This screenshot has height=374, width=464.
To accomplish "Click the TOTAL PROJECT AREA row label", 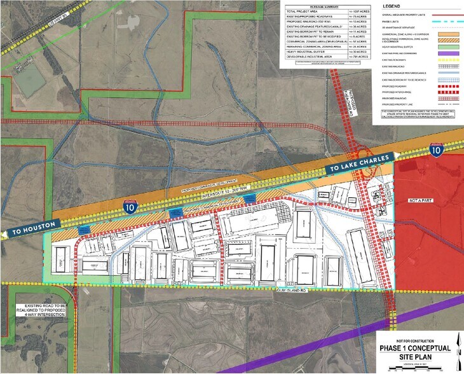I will pos(305,12).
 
